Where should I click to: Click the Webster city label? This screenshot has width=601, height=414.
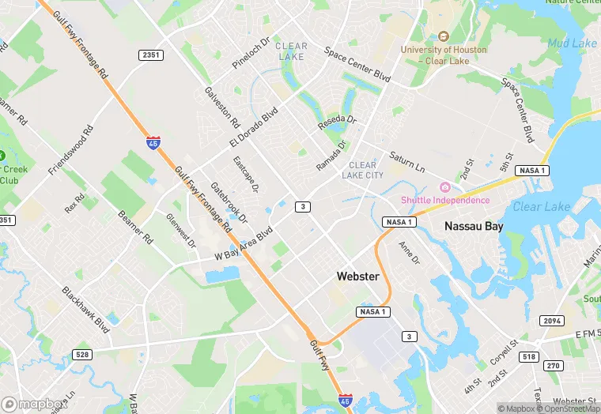(x=357, y=277)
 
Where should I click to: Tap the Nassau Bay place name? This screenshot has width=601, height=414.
(x=474, y=226)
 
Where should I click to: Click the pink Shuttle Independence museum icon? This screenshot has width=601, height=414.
(x=445, y=187)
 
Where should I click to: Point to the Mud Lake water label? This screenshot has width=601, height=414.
(x=572, y=43)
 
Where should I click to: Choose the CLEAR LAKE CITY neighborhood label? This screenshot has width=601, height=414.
(x=363, y=170)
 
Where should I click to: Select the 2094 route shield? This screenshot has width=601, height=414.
(x=551, y=321)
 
